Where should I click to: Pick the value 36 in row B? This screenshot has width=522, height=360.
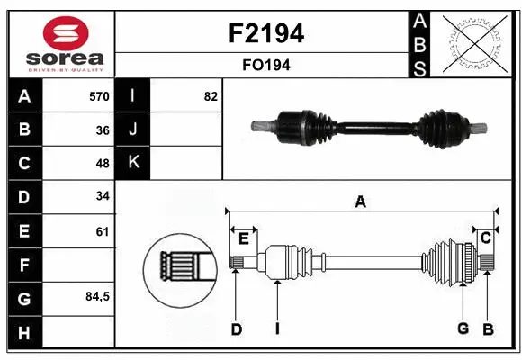tap(103, 130)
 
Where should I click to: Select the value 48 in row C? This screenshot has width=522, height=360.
tap(103, 164)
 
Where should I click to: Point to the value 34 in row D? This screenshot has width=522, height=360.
tap(103, 196)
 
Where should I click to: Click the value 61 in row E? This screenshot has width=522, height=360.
tap(103, 231)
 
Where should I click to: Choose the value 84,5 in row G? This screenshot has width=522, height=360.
tap(97, 297)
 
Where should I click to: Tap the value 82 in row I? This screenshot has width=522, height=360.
tap(211, 96)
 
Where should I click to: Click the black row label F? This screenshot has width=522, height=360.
tap(23, 265)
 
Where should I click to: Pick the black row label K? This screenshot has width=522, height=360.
tap(133, 163)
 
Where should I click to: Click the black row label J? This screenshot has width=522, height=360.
tap(133, 130)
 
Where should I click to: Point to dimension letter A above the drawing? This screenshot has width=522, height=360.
tap(360, 202)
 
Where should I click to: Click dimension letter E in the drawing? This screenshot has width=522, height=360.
tap(244, 238)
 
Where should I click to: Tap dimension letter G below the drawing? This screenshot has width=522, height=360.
tap(463, 328)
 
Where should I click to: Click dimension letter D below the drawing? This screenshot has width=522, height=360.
tap(236, 329)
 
